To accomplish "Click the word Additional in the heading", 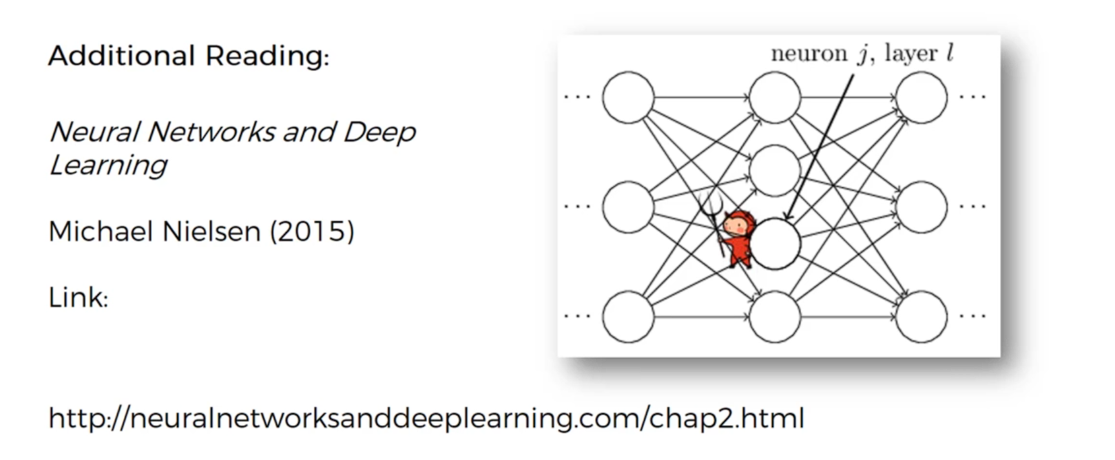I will (121, 56).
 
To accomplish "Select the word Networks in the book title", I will (211, 132).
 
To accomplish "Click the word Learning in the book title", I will (109, 165).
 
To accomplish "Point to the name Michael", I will (99, 231).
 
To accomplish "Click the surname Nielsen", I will (211, 231).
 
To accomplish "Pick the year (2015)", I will (312, 231).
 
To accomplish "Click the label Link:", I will (78, 298).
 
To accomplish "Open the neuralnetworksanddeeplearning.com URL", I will (426, 418).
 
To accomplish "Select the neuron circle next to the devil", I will (776, 244).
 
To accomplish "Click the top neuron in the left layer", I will (628, 98).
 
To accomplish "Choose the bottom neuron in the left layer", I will (628, 317).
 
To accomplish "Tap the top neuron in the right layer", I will (922, 98).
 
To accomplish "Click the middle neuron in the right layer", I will (922, 207).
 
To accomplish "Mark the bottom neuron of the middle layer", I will (775, 317).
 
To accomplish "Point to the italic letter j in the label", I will (862, 54).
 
